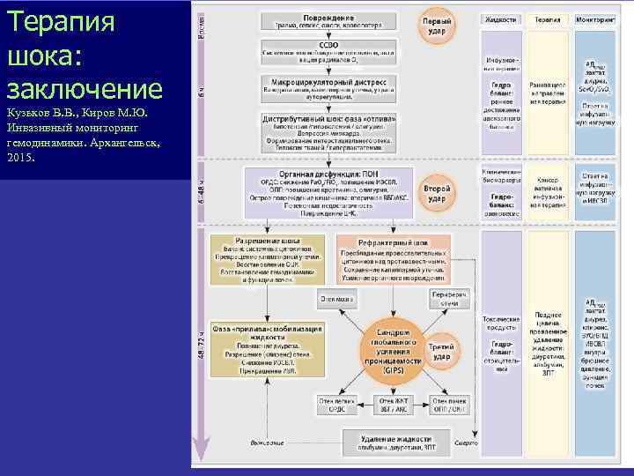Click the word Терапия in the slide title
coord(61,21)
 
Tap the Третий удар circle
coord(440,351)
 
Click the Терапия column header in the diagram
coord(548,19)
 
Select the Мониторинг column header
coord(595,19)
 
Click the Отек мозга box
coord(337,299)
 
